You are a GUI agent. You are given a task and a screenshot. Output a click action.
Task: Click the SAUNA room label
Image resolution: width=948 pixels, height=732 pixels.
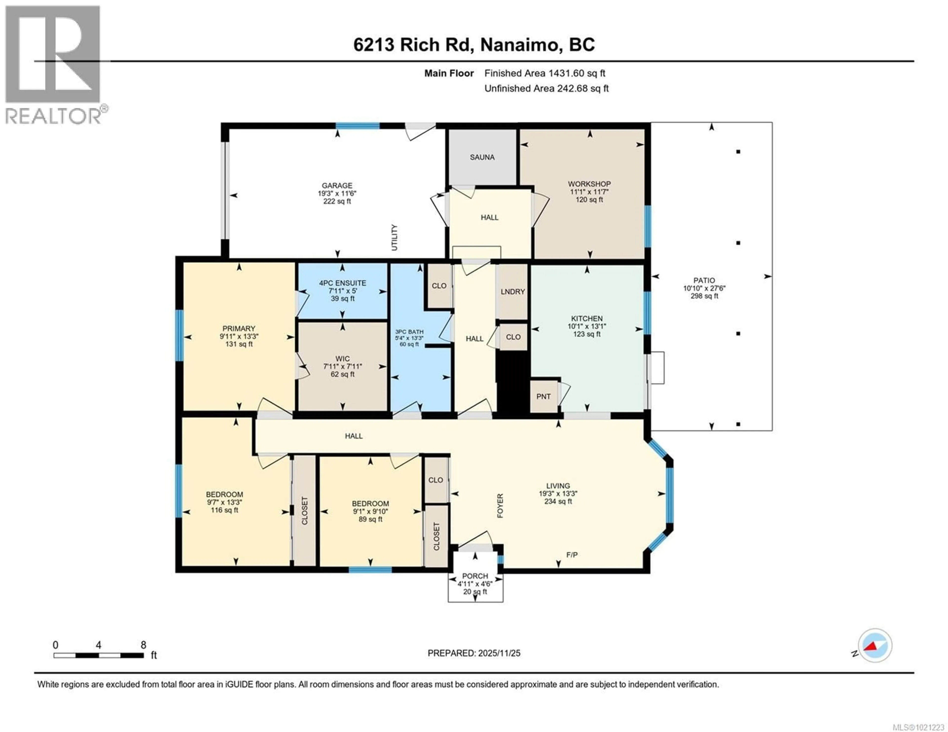482,157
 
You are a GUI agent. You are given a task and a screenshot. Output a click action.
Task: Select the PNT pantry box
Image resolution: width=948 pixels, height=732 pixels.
543,396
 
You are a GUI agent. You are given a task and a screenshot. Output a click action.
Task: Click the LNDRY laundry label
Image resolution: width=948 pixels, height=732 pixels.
513,292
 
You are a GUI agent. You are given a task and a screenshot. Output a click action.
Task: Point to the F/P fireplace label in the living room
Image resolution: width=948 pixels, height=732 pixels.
572,555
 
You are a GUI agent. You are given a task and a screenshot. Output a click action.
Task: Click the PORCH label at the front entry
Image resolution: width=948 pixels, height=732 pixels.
475,576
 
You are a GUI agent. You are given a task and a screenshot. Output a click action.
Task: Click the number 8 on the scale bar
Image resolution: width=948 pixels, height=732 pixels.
143,645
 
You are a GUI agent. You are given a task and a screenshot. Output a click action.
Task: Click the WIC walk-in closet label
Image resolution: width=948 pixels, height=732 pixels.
342,358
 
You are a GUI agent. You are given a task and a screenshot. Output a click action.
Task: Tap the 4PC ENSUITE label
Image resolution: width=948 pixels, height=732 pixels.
342,283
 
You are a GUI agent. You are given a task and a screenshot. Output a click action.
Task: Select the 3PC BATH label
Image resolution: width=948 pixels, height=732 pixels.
409,332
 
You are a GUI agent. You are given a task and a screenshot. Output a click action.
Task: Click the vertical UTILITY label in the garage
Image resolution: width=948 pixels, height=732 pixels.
394,237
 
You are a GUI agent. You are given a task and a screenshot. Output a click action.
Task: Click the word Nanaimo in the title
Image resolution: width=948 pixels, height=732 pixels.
519,45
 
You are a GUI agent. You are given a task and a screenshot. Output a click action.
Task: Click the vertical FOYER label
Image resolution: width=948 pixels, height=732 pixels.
500,506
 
